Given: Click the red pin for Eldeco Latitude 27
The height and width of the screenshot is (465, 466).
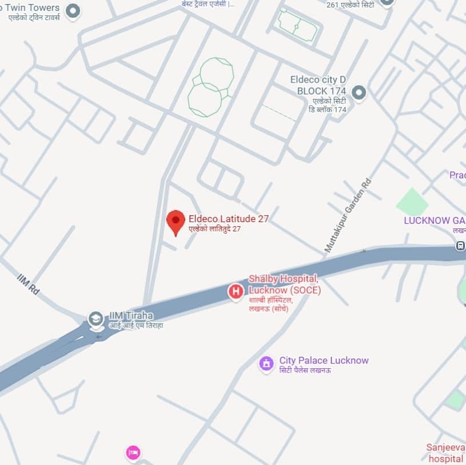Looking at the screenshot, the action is pyautogui.click(x=176, y=222).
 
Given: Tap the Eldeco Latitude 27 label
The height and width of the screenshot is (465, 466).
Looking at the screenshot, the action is pyautogui.click(x=228, y=219).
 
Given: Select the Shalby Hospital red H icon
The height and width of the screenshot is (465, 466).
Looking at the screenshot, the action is pyautogui.click(x=236, y=291).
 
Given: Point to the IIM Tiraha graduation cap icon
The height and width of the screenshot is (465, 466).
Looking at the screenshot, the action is pyautogui.click(x=95, y=319).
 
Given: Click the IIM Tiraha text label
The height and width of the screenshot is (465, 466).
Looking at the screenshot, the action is pyautogui.click(x=132, y=316).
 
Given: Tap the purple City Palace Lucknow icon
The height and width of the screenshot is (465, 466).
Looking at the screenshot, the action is pyautogui.click(x=266, y=363).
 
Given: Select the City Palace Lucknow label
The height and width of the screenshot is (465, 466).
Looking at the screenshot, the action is pyautogui.click(x=324, y=361).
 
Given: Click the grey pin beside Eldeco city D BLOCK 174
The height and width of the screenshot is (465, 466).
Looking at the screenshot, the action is pyautogui.click(x=359, y=92).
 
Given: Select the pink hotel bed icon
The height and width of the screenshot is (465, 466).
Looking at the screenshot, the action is pyautogui.click(x=133, y=453).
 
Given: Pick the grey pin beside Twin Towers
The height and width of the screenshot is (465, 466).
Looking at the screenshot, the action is pyautogui.click(x=73, y=10).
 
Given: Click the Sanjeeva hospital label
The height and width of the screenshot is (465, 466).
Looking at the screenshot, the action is pyautogui.click(x=445, y=452).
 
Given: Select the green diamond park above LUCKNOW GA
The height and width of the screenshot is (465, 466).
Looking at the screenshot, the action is pyautogui.click(x=412, y=201).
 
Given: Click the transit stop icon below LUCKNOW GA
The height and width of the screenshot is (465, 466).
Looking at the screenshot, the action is pyautogui.click(x=460, y=246).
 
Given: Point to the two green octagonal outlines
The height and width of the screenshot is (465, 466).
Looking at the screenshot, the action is pyautogui.click(x=210, y=86).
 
